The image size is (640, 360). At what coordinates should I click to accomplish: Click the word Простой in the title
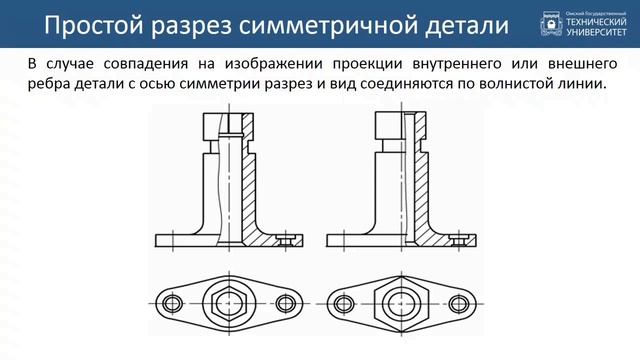pos(93,25)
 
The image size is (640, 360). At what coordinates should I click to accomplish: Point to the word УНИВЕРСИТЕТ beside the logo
pos(598,31)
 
